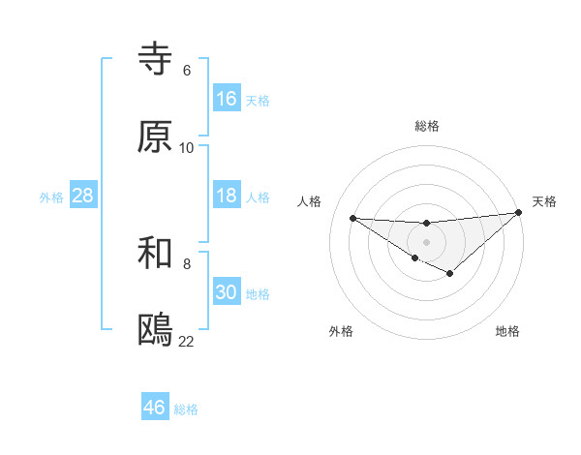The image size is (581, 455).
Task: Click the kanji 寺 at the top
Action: click(155, 60)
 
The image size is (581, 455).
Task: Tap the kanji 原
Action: click(155, 136)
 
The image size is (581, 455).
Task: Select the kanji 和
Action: click(155, 253)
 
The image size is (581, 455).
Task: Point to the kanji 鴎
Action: click(155, 330)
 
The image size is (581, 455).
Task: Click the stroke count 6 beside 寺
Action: click(187, 71)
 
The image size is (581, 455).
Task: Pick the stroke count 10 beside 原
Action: click(187, 148)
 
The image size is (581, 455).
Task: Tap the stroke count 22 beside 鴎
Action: click(187, 342)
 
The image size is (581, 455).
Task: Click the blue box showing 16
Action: click(226, 99)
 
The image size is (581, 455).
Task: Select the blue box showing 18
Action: click(226, 196)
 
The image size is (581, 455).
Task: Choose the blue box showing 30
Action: click(226, 292)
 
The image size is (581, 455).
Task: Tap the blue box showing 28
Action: click(82, 196)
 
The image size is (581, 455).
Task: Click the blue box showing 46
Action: click(154, 408)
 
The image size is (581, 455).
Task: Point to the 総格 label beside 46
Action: click(186, 409)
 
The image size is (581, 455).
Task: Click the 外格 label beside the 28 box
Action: click(51, 197)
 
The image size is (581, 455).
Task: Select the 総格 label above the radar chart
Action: click(426, 126)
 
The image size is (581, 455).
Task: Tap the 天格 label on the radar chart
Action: click(544, 201)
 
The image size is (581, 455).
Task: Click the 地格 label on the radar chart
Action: click(507, 331)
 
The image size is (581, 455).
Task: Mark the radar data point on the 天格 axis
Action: click(519, 213)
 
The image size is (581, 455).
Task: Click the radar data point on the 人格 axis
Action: click(353, 218)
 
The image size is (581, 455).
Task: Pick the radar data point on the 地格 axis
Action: click(450, 274)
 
